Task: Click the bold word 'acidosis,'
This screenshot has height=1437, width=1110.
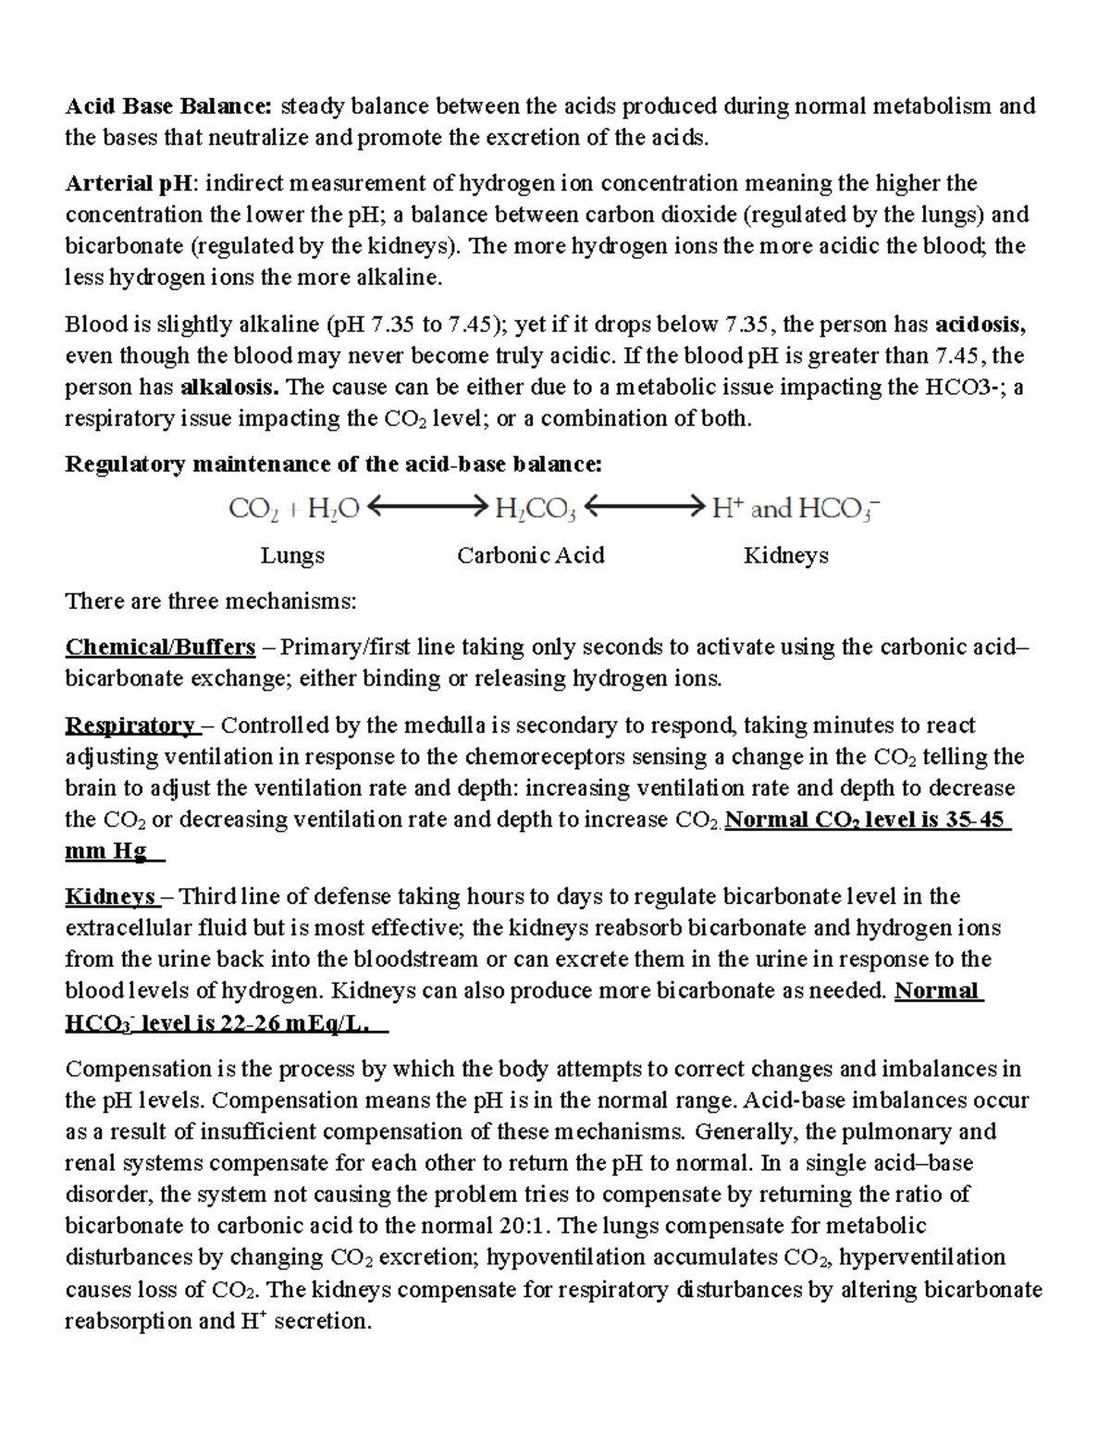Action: [980, 325]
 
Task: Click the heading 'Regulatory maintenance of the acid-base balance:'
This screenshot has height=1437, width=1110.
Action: [333, 465]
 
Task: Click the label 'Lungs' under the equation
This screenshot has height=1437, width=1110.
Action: [292, 556]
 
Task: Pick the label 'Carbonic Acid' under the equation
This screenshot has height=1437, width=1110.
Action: [531, 556]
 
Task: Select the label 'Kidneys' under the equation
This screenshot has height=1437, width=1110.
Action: [785, 556]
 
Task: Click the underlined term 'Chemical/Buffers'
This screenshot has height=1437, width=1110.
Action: [160, 647]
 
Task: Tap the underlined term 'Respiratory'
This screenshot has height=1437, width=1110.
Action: [129, 725]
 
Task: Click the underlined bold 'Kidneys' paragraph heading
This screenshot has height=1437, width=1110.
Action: [110, 897]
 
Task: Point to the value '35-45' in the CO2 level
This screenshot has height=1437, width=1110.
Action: [975, 820]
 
